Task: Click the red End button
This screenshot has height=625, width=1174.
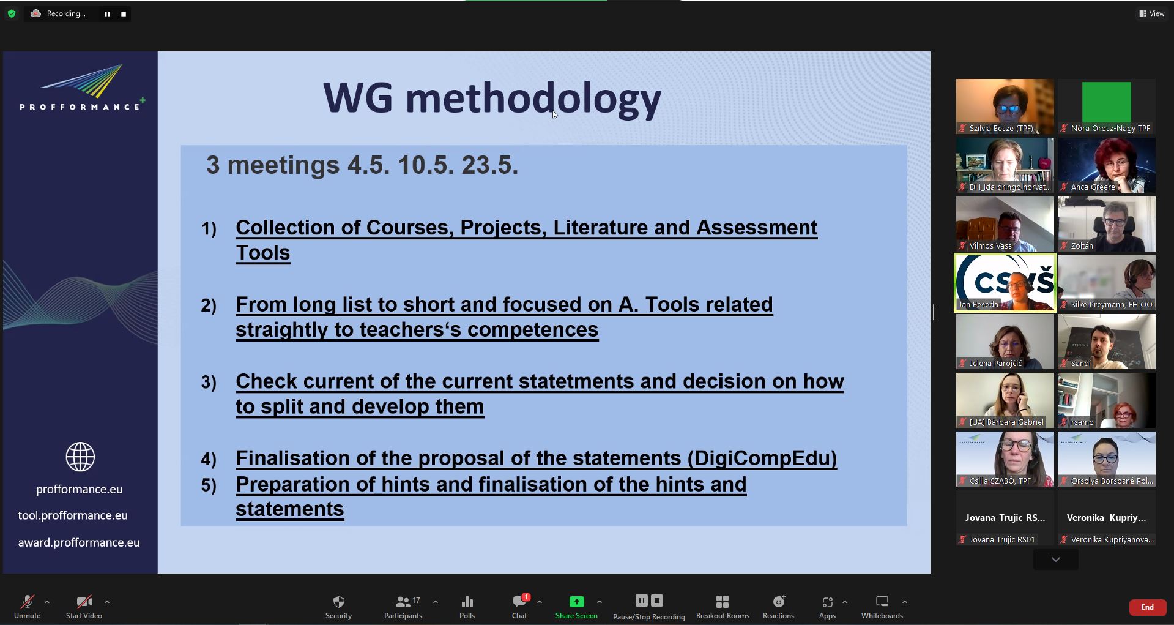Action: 1147,607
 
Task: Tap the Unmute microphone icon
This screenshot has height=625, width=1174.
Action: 27,602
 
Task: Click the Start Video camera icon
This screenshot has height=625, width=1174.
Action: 84,602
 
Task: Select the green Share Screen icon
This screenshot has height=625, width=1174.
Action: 576,602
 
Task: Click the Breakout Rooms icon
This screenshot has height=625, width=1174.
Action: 723,602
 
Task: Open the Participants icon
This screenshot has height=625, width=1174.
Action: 403,602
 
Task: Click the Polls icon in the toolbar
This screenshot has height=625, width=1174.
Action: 467,602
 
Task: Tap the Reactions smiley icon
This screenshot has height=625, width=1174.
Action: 779,601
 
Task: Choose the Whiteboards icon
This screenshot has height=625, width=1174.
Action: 882,601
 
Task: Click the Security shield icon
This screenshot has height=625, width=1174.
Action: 339,602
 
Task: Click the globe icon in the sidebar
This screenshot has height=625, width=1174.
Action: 80,457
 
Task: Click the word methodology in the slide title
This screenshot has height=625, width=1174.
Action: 533,99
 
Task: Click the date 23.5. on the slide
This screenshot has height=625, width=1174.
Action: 490,165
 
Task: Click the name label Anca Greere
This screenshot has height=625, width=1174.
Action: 1093,187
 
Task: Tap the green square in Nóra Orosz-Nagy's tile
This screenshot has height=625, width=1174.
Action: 1107,102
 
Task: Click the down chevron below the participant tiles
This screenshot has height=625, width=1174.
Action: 1056,560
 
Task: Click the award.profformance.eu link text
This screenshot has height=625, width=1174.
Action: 79,542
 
